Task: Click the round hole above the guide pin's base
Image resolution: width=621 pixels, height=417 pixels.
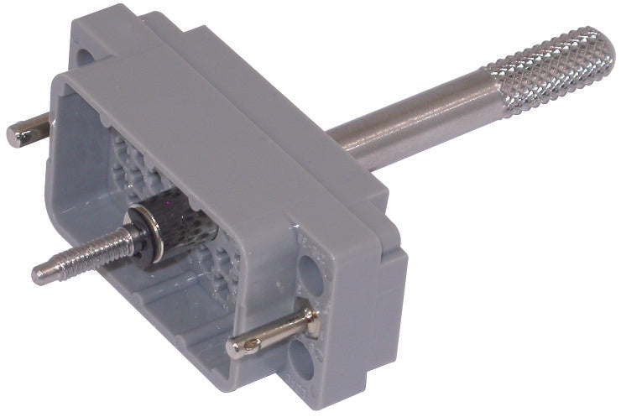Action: (x=310, y=274)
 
